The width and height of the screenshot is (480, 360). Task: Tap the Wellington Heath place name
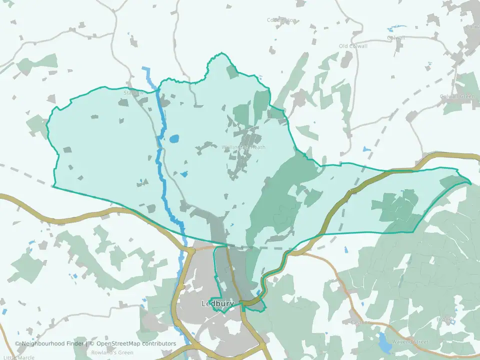point(243,147)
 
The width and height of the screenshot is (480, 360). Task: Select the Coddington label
point(281,20)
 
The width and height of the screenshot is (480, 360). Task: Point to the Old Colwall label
point(353,46)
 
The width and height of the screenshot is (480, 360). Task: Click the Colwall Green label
point(457,96)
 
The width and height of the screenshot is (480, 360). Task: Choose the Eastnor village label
point(361,322)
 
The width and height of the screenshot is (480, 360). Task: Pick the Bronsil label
point(445,319)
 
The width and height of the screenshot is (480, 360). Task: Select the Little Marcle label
point(18,357)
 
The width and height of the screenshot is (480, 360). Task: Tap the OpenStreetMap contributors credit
point(136,343)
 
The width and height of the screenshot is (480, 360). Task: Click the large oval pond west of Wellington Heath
point(173,139)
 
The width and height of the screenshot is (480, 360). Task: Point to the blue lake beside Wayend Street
point(384,342)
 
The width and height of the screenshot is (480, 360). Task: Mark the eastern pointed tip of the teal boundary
point(470,183)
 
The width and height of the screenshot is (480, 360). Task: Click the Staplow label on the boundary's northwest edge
point(133,92)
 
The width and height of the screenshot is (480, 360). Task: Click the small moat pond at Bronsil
point(452,321)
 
